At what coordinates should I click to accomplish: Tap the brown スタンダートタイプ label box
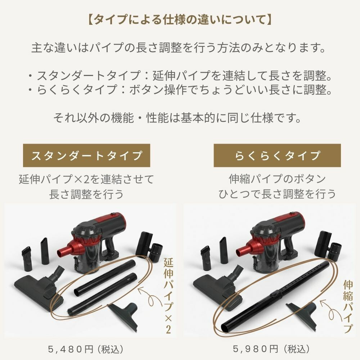coord(86,156)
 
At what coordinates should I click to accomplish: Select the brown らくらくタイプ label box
coord(277,156)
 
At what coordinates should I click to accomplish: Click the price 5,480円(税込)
coord(86,349)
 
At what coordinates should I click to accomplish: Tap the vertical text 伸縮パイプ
coord(347,306)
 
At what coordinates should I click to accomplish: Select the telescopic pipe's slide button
coord(275,294)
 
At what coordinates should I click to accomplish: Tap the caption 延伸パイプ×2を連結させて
coord(86,179)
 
